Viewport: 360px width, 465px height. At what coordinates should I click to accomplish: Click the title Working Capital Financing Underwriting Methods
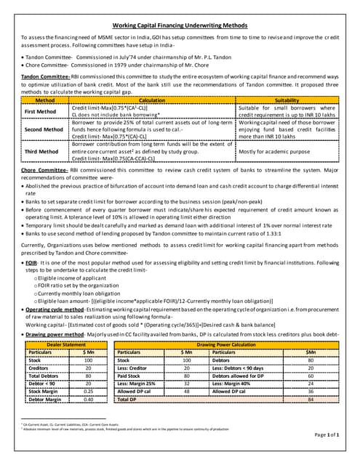pos(179,25)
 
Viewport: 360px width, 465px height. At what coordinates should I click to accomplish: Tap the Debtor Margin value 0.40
pos(88,399)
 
